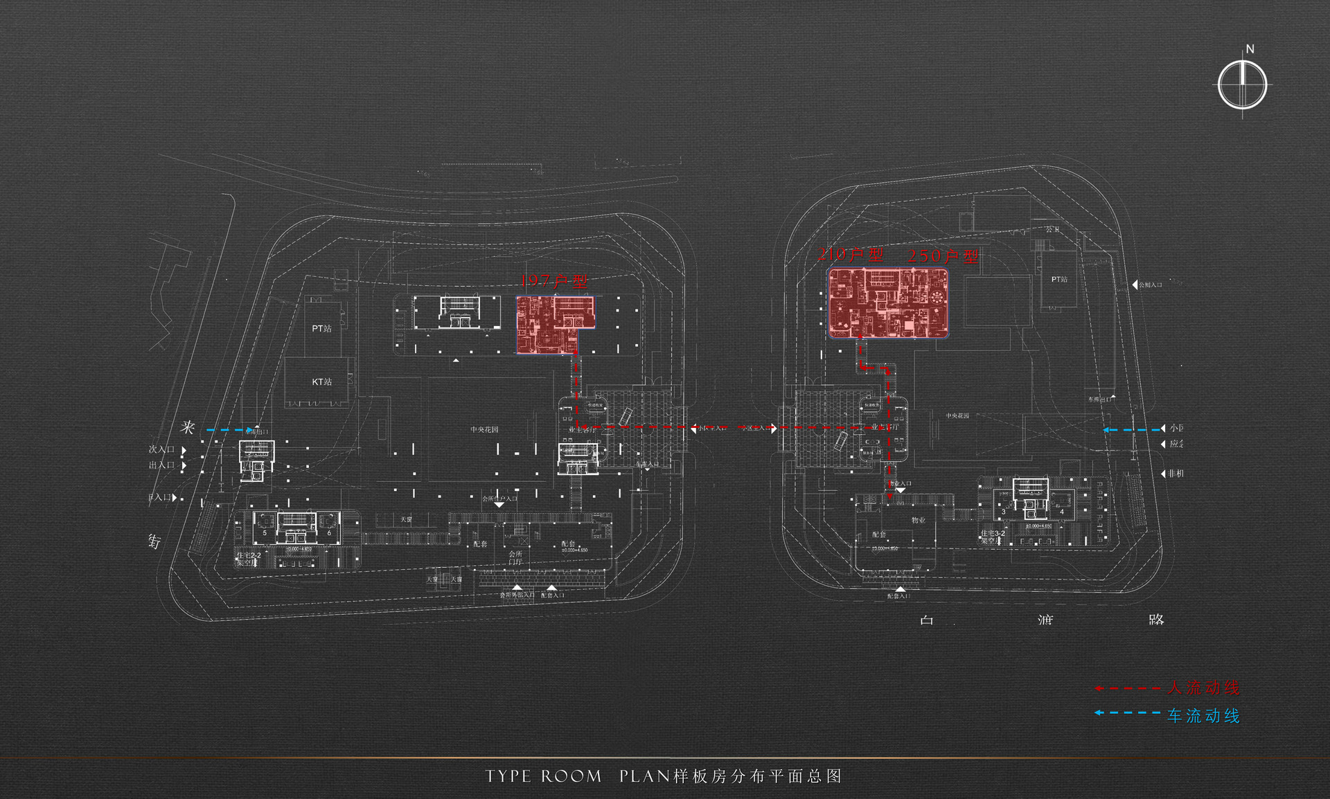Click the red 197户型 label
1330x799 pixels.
click(554, 281)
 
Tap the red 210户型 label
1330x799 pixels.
click(851, 254)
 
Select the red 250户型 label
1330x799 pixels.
click(943, 255)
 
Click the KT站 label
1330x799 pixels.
click(322, 381)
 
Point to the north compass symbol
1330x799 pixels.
click(1243, 84)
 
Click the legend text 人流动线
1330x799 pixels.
click(1204, 688)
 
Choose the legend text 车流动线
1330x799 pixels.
click(1204, 715)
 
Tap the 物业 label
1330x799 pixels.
click(919, 520)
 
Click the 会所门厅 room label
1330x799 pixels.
click(515, 557)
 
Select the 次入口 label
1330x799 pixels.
click(161, 449)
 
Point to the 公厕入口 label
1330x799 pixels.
click(1151, 285)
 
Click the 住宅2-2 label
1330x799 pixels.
click(249, 556)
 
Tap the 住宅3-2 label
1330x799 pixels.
click(993, 533)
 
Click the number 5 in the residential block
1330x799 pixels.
click(265, 533)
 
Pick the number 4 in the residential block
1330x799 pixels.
click(1061, 512)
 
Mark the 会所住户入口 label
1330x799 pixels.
click(499, 499)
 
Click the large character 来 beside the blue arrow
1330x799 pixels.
click(188, 427)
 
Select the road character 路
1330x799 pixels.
click(1156, 619)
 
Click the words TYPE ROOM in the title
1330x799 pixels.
click(544, 776)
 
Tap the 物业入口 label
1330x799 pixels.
click(900, 483)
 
